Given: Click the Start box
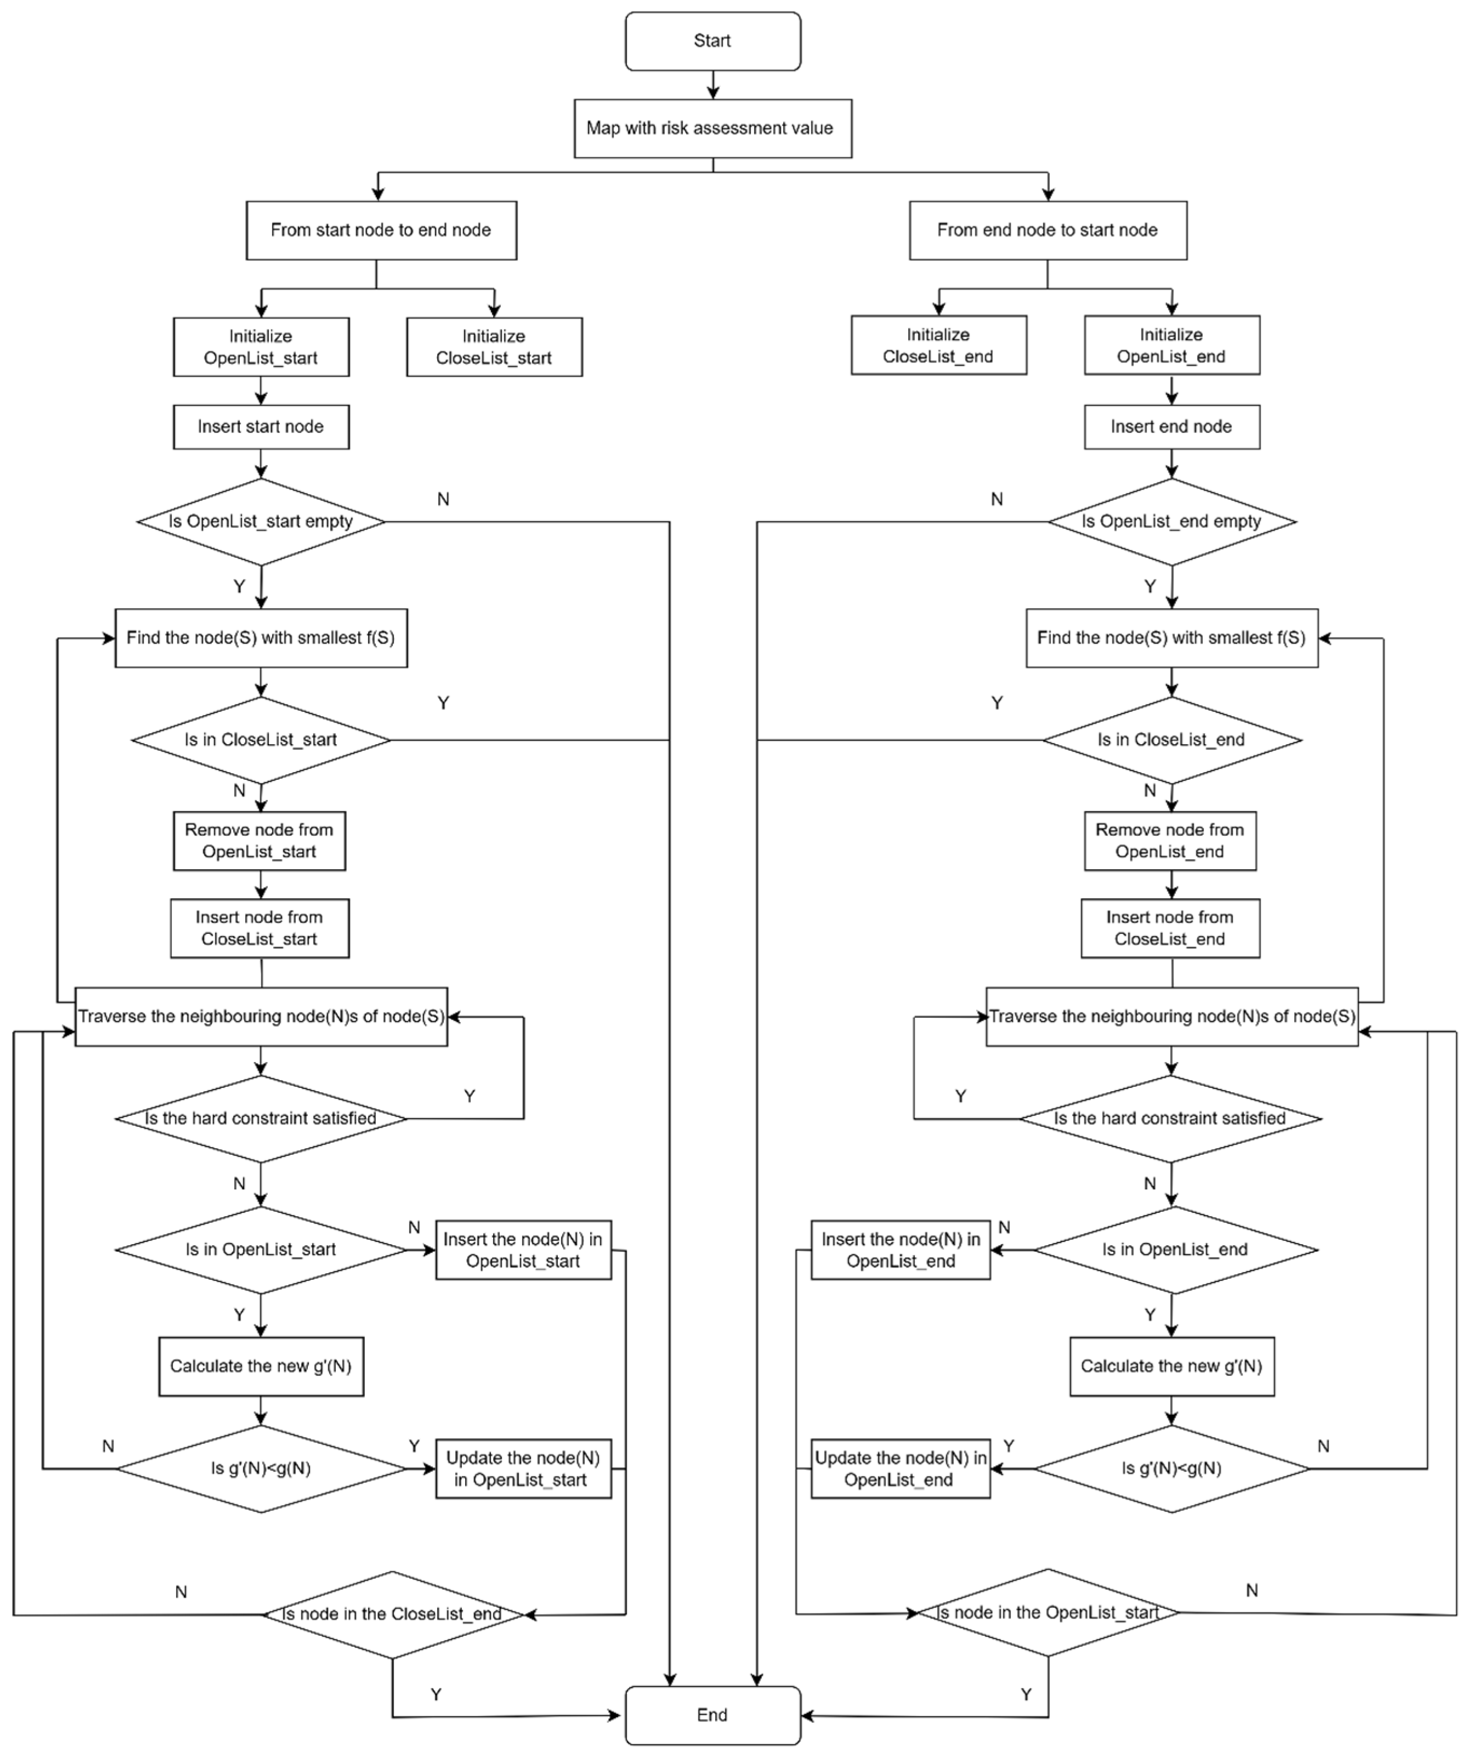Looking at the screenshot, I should coord(712,41).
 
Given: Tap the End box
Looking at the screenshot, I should coord(712,1715).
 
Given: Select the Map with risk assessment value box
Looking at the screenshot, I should coord(712,128).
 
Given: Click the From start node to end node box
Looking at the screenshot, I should coord(381,230).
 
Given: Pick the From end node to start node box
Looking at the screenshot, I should coord(1047,230).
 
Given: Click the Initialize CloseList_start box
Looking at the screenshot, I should coord(494,347).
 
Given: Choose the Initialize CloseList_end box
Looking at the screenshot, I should coord(938,345).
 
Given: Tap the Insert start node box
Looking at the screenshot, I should coord(261,427).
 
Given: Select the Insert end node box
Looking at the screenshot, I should coord(1171,427).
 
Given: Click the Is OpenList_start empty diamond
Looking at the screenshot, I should coord(261,522).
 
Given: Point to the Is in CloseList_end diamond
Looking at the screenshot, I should coord(1171,740).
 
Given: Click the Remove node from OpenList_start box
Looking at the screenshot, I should coord(259,841).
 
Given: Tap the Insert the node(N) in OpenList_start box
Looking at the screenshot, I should coord(523,1250).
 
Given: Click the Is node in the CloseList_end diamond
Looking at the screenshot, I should coord(392,1614).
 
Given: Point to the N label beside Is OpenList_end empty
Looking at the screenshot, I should coord(996,499).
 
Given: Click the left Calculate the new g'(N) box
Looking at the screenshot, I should coord(261,1366).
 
